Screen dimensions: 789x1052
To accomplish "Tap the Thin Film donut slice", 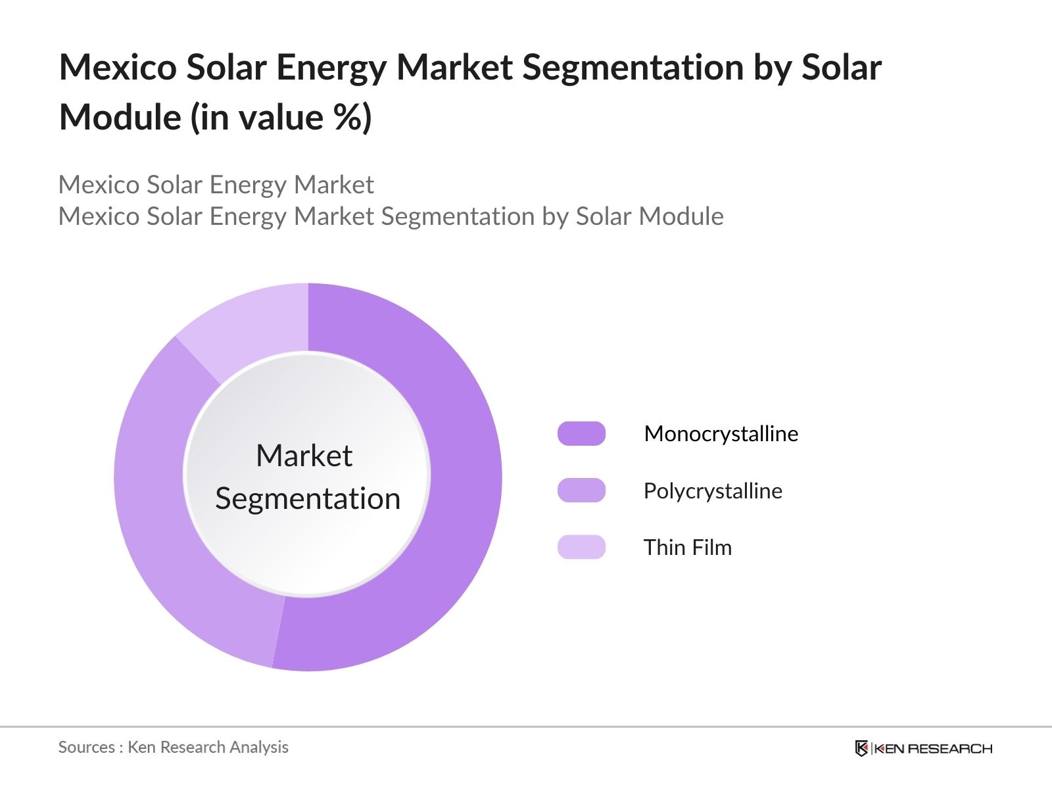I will coord(250,322).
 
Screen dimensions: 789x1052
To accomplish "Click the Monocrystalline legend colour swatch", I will coord(581,434).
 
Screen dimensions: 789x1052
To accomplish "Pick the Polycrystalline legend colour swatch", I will coord(581,490).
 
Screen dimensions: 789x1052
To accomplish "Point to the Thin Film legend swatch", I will coord(581,547).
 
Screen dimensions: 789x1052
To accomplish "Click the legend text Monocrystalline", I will coord(721,434).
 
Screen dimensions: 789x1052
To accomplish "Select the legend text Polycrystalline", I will coord(713,491).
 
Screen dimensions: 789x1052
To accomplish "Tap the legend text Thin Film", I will coord(687,548).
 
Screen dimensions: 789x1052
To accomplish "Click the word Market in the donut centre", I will coord(304,456).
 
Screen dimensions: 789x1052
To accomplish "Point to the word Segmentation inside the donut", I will coord(308,498).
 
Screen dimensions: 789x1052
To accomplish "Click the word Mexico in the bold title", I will coord(118,67).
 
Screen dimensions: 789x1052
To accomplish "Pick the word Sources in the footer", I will coord(86,747).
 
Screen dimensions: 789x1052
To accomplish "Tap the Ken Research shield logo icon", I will coord(861,748).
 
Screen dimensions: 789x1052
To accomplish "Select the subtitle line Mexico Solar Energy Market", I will coord(216,185).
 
